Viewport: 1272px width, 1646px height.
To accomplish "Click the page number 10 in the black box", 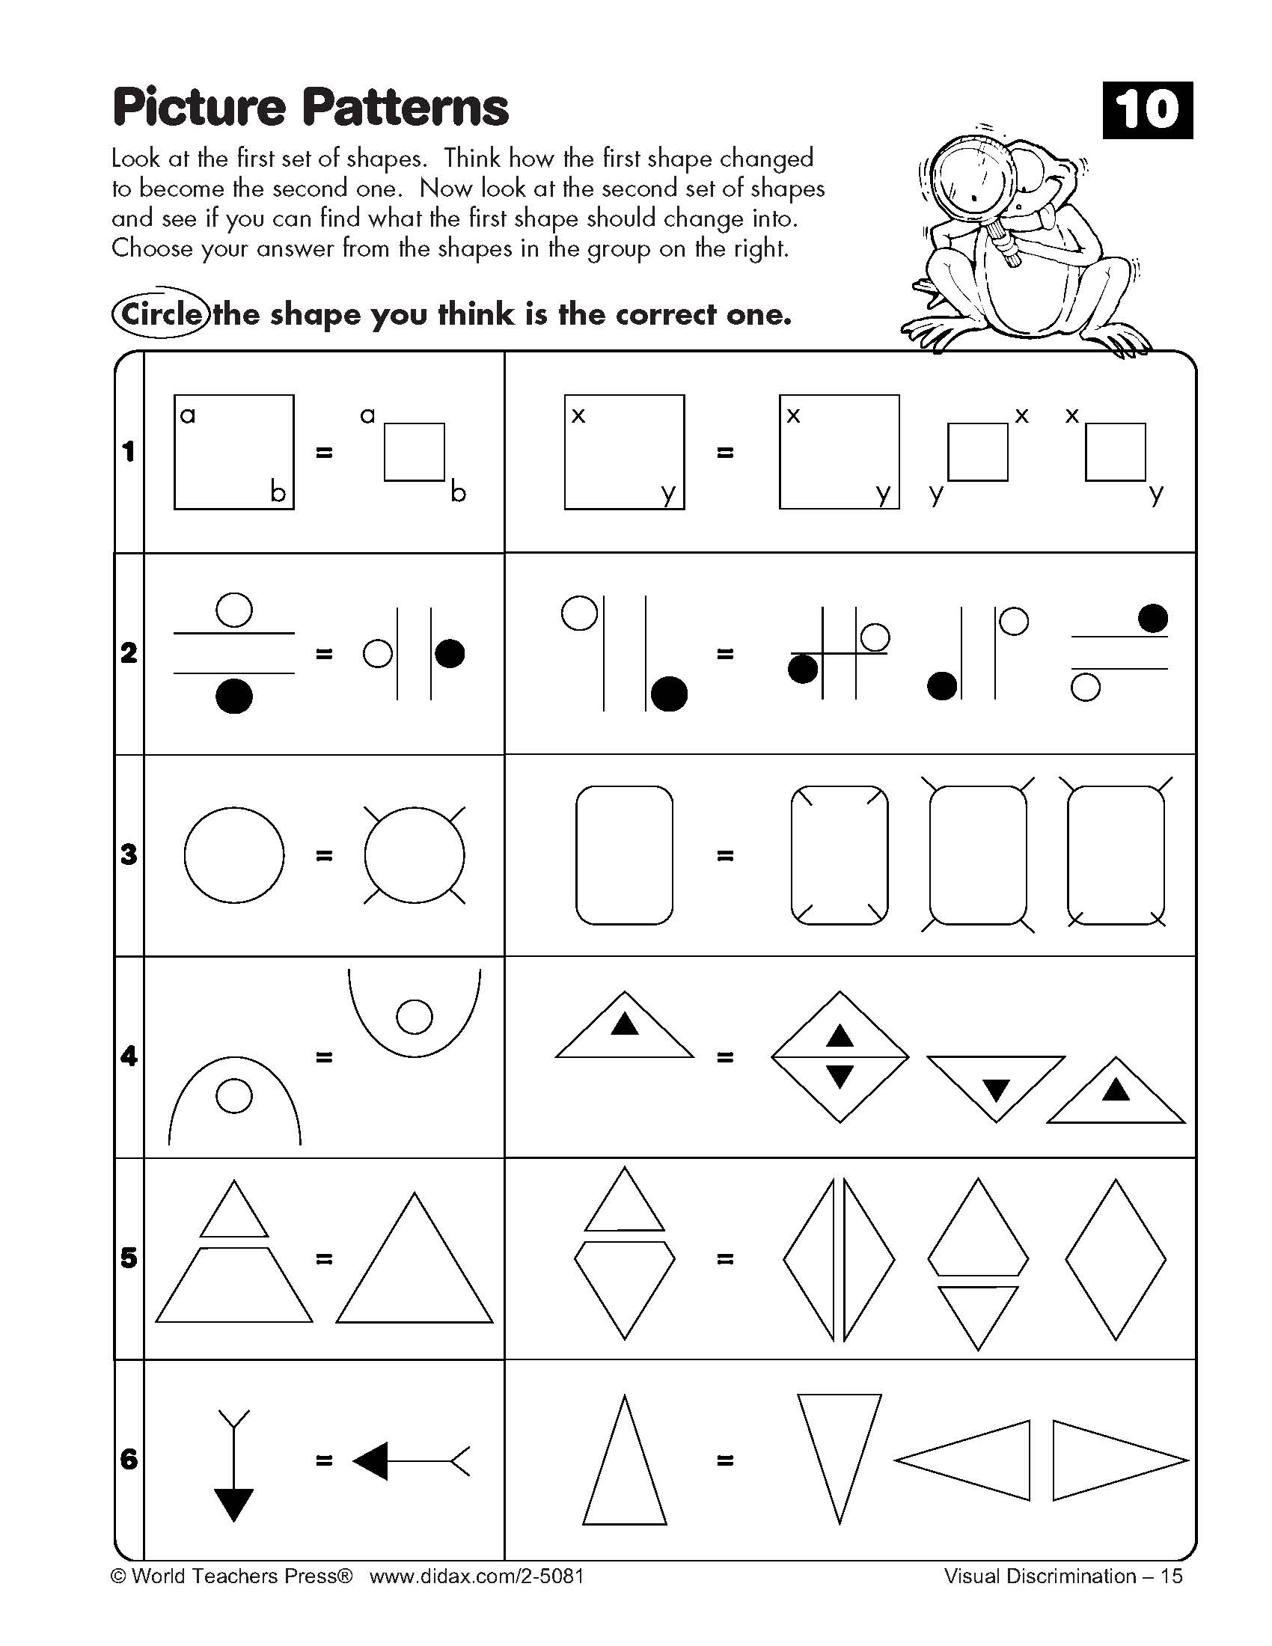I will pos(1147,110).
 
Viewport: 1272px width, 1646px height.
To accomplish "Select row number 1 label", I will pos(129,451).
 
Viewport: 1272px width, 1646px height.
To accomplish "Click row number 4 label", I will pos(129,1056).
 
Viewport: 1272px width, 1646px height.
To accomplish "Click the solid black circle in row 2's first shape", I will pos(233,696).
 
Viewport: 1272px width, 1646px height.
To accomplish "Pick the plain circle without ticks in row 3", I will pos(233,854).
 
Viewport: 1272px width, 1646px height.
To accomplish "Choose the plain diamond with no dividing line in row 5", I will pos(1116,1259).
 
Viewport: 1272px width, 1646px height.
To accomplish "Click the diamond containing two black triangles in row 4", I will pos(840,1056).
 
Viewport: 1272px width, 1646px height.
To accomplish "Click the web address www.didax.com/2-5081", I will pos(476,1576).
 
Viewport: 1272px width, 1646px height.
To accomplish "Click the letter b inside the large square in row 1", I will pos(278,492).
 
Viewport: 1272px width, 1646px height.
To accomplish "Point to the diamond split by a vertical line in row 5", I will pos(839,1259).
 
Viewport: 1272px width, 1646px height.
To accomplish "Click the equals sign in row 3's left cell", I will pos(324,855).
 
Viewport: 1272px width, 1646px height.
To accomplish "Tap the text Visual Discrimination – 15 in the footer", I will pos(1062,1576).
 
